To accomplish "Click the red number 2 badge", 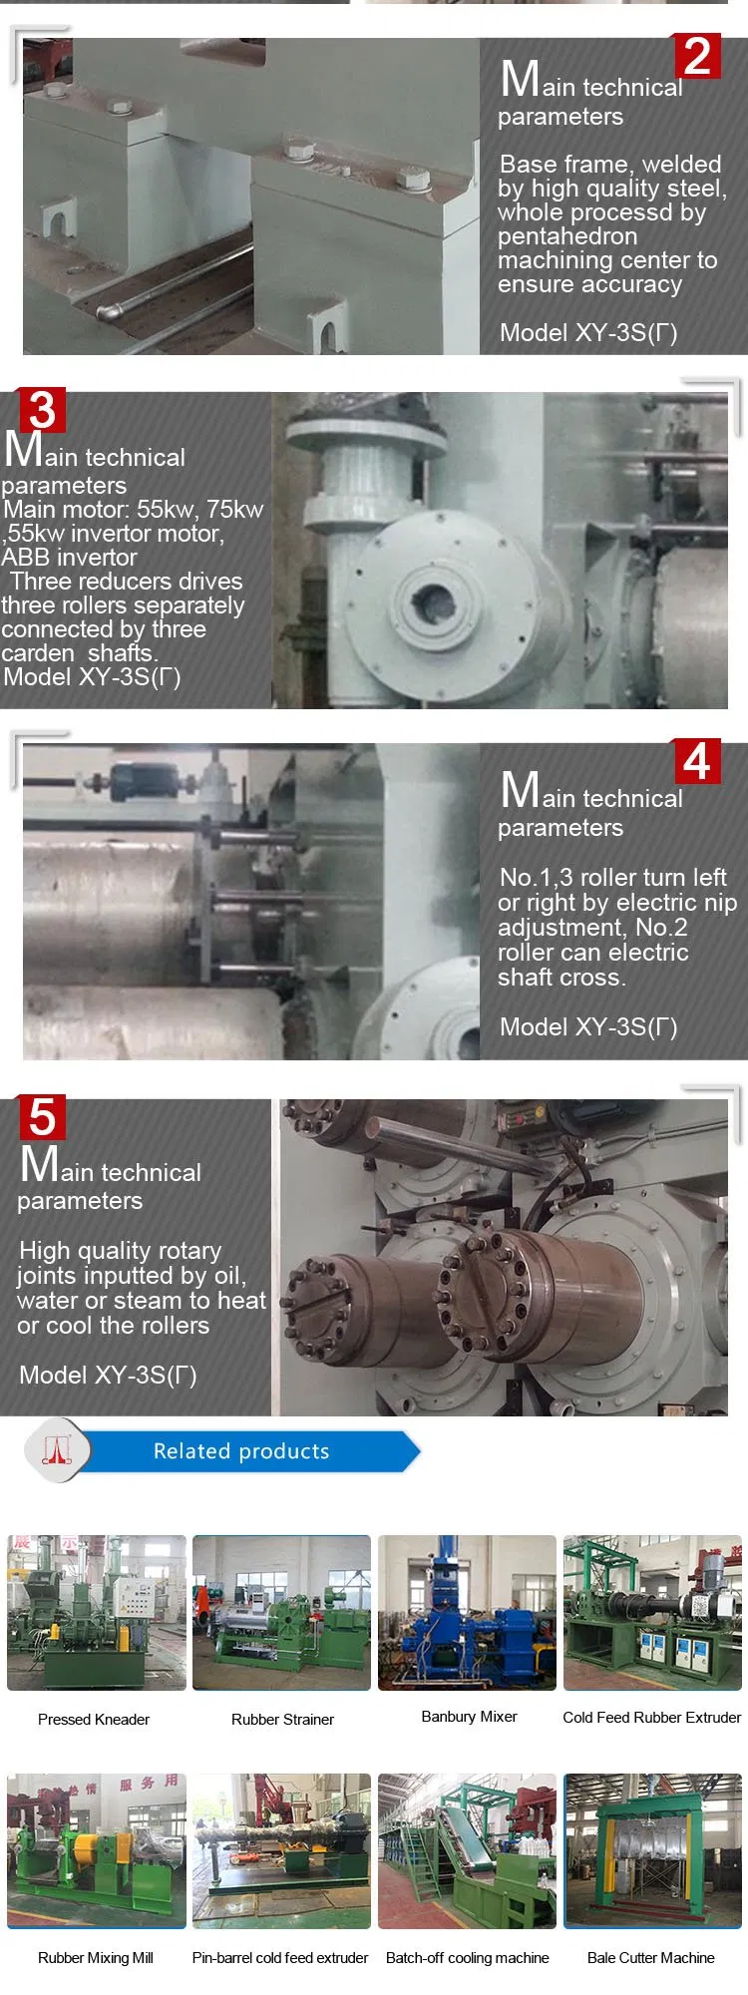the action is click(x=698, y=56).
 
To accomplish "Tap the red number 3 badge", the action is click(x=42, y=410).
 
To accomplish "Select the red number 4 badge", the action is click(x=697, y=762).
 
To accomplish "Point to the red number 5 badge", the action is click(x=42, y=1117).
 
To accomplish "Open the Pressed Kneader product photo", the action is click(x=97, y=1612).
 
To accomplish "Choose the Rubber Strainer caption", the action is click(x=282, y=1719).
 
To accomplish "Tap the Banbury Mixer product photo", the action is click(x=467, y=1612).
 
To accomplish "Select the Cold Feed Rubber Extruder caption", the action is click(x=652, y=1717).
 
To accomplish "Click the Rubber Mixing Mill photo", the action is click(x=97, y=1850).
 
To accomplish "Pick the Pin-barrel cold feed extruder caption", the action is click(x=280, y=1958).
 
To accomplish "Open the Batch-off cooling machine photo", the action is click(x=467, y=1850).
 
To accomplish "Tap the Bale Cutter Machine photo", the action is click(x=652, y=1850).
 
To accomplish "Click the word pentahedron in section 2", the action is click(x=567, y=237).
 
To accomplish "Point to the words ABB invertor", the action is click(x=70, y=558).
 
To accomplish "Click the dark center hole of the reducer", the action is click(x=433, y=600).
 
